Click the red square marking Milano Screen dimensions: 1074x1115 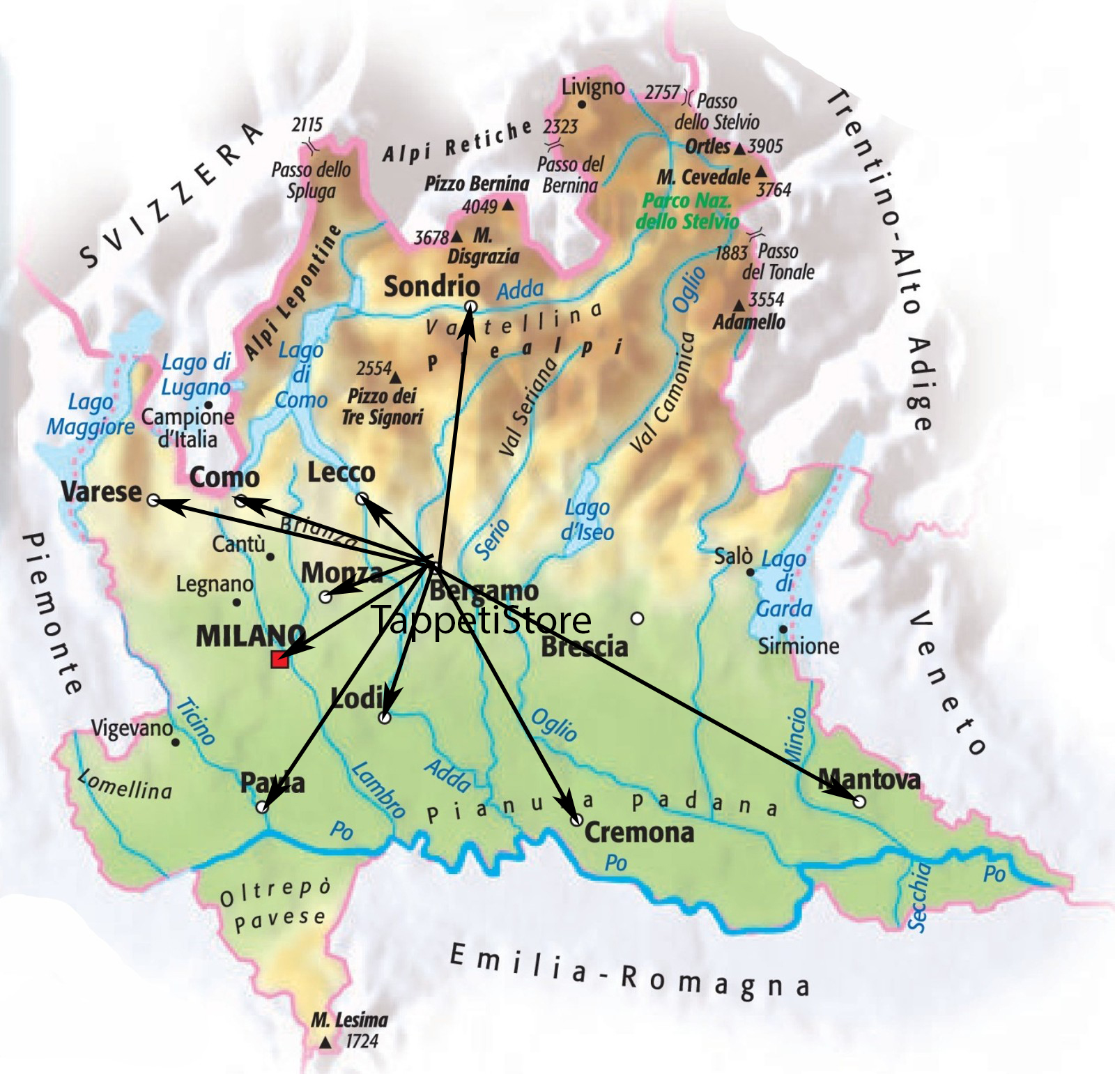279,660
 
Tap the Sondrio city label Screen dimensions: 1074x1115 431,286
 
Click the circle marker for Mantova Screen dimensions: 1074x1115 859,802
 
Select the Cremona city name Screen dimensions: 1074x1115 638,832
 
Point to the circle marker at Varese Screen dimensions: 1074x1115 153,500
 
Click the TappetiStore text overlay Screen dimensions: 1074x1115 481,620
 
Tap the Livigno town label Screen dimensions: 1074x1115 592,87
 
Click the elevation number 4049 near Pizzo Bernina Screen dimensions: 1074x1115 479,206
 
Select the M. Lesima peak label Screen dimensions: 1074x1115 348,1020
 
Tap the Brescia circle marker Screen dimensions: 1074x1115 637,618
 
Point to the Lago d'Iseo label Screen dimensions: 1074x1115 587,520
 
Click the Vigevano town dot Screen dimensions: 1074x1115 176,742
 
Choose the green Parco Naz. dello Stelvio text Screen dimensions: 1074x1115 686,211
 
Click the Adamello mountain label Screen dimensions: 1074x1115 748,322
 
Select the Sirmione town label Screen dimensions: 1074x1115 798,646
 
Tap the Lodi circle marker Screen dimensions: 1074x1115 384,717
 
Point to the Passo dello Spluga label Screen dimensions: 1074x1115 311,180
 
